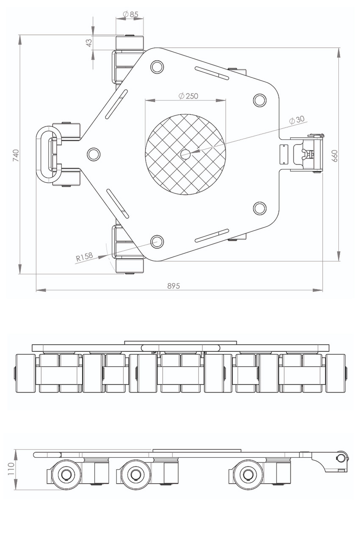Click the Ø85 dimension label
pos(131,14)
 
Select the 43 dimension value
pos(89,43)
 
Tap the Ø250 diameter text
pos(188,96)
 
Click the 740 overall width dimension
pos(16,155)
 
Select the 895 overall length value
pos(174,286)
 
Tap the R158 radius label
pos(84,257)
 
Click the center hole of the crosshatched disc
pos(185,154)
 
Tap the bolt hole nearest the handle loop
pos(94,153)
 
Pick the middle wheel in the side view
pos(136,474)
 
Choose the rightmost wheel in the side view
pos(246,474)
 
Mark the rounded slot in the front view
pos(181,348)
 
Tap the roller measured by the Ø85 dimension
pos(130,42)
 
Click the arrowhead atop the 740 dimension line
pos(20,39)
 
